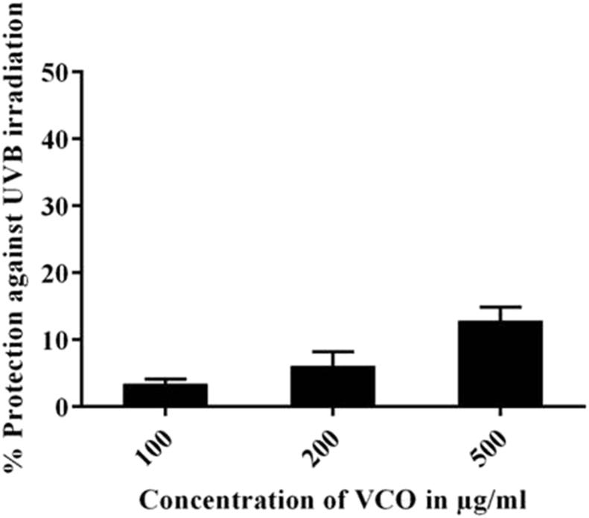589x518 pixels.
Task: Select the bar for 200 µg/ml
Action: pos(332,386)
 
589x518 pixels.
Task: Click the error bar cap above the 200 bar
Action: pos(332,351)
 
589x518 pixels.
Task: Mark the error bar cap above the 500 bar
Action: pos(500,307)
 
